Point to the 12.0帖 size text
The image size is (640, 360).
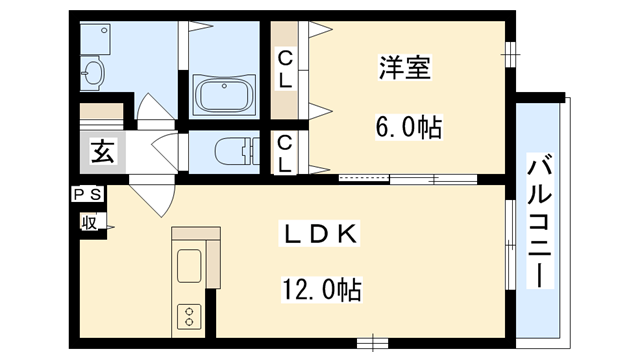click(321, 291)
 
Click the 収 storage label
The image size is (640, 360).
click(89, 223)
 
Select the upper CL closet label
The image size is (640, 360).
click(286, 70)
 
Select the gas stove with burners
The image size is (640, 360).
click(189, 317)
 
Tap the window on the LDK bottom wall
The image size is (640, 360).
click(372, 342)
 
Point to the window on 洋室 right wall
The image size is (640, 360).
click(510, 49)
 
